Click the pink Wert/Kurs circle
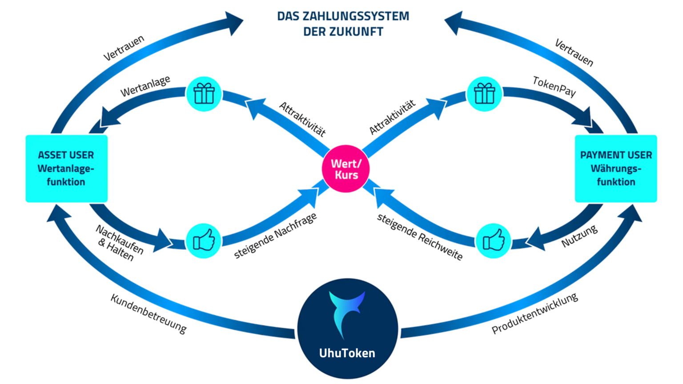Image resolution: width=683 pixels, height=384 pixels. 346,169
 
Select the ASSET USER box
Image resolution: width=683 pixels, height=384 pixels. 66,168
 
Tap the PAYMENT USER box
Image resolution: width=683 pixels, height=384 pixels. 616,168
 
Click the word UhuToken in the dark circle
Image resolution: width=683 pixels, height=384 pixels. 347,353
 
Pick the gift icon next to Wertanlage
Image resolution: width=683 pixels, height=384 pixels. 204,94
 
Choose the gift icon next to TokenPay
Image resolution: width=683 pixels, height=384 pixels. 484,94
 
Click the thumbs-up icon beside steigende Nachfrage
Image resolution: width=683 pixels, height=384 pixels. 204,241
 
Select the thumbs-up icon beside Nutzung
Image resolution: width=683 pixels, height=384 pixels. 493,241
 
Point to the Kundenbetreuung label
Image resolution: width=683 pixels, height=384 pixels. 149,314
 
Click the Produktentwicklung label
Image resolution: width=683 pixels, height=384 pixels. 534,313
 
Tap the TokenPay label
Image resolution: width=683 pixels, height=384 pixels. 554,86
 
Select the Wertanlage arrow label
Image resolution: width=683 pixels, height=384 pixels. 145,86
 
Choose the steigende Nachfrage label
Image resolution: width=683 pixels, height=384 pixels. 275,236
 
